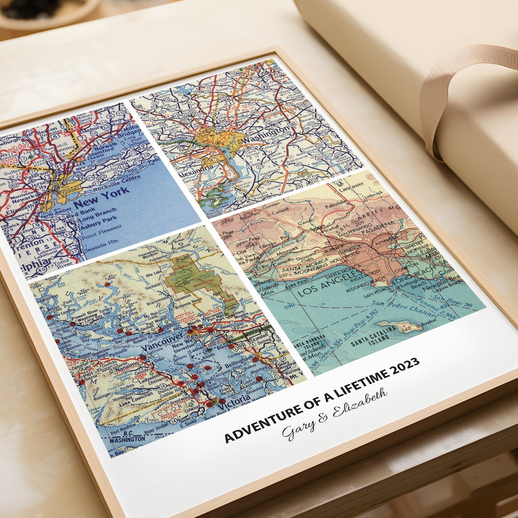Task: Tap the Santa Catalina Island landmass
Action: (x=401, y=326)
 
